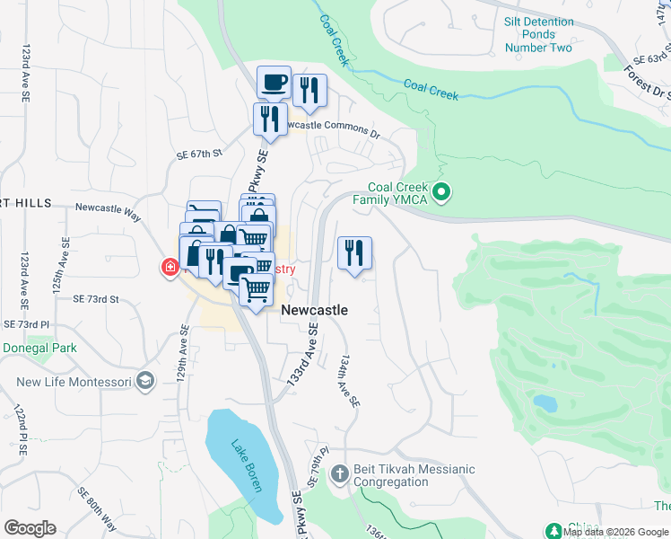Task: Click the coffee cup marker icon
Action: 274,83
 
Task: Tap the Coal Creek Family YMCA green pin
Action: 440,192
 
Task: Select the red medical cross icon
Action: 169,267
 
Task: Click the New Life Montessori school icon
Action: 144,382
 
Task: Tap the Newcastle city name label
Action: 315,310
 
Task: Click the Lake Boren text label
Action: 245,464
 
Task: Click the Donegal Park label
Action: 39,348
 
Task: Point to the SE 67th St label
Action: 199,155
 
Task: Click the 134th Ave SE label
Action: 349,379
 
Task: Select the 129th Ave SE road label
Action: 182,356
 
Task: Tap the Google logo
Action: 30,528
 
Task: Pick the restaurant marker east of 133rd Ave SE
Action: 354,252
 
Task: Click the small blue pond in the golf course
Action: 543,402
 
